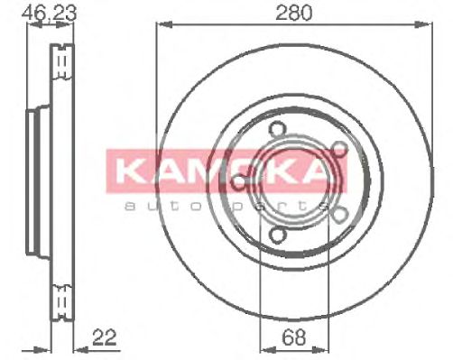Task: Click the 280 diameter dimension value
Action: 294,13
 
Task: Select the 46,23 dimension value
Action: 50,13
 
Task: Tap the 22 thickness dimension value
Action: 105,337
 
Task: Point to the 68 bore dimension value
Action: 294,337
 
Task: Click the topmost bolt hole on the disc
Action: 276,129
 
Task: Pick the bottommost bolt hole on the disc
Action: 276,235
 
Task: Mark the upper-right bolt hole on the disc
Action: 340,148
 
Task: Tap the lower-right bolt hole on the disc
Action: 340,215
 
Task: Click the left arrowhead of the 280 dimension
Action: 164,24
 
